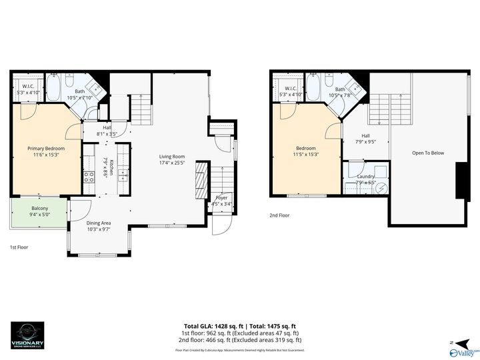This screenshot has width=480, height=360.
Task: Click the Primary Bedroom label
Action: [x=46, y=148]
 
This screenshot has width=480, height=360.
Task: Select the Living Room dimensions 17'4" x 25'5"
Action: [x=171, y=163]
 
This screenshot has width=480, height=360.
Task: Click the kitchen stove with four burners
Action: [x=89, y=177]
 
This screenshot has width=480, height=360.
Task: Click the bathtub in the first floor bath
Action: [x=54, y=87]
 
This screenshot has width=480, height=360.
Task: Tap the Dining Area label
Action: [x=99, y=223]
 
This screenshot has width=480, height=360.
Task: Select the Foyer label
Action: [x=221, y=198]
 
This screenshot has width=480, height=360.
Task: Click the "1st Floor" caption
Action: [x=18, y=247]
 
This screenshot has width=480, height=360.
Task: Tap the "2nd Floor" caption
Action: [x=279, y=215]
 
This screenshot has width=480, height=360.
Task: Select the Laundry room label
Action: [x=365, y=177]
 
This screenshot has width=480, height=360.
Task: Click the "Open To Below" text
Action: [x=427, y=153]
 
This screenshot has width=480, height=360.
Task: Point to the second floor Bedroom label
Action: [x=306, y=148]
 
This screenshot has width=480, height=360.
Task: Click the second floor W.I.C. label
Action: [x=291, y=89]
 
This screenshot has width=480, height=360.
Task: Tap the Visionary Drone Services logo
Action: [x=28, y=334]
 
